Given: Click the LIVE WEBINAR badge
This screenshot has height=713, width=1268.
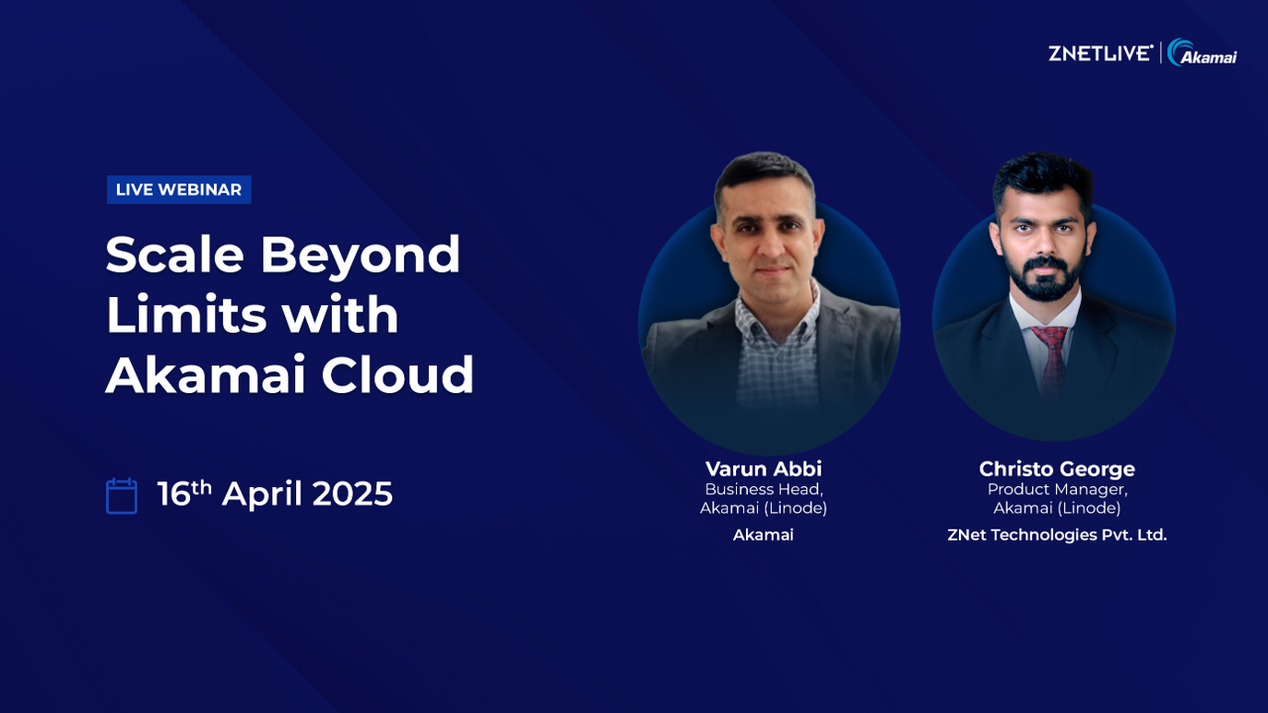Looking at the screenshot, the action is coord(179,189).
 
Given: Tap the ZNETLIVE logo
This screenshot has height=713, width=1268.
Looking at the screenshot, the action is coord(1101,53).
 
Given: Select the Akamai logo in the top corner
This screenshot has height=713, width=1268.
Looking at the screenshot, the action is coord(1202,52).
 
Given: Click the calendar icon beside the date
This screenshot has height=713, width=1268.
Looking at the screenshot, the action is coord(122,496).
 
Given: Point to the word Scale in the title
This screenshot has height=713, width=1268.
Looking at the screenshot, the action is coord(175,255).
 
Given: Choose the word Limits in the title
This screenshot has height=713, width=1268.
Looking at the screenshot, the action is coord(186,314).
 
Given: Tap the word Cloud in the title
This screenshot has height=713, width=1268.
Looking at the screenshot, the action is coord(397,373).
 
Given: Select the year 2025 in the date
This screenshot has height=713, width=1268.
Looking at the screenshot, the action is coord(352,493).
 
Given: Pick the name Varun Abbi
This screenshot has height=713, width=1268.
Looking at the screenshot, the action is coord(764,468).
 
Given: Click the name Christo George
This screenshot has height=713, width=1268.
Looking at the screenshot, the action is coord(1057,469).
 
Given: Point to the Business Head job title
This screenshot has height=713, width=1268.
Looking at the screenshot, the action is coord(764,489).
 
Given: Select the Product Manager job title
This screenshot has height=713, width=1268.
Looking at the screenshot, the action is coord(1057,490).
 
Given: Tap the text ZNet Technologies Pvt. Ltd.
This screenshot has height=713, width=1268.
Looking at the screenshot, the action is coord(1057,535).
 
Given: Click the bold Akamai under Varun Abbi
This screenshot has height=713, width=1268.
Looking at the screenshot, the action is coord(763,535).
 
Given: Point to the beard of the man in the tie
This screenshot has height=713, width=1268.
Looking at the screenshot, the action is coord(1044,278).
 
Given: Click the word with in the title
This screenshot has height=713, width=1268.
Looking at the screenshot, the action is coord(340,314).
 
